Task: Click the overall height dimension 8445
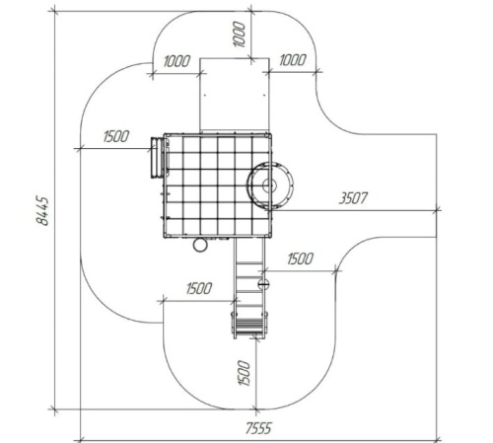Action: tap(42, 211)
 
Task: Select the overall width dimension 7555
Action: tap(258, 428)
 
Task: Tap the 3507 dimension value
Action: tap(353, 198)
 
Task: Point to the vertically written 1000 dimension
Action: tap(239, 35)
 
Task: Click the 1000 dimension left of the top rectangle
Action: tap(176, 61)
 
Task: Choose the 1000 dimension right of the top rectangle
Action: tap(293, 60)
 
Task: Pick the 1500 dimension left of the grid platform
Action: tap(116, 136)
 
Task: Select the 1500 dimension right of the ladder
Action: tap(300, 258)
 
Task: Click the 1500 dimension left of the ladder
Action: tap(199, 288)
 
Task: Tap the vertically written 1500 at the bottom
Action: tap(244, 373)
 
